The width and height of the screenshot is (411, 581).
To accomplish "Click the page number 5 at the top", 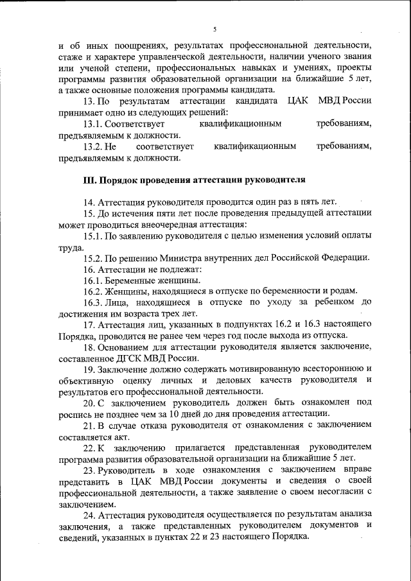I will pos(215,29).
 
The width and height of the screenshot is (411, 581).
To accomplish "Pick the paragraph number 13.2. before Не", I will pos(94,146).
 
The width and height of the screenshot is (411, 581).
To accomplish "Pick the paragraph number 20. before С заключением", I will pos(90,403).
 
